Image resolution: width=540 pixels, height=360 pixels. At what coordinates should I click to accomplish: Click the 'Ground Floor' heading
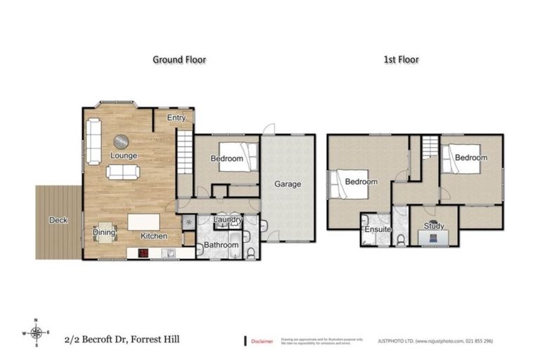pyautogui.click(x=179, y=60)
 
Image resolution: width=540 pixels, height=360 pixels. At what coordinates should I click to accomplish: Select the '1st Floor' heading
pyautogui.click(x=401, y=60)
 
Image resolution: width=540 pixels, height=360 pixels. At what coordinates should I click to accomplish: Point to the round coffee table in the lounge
pyautogui.click(x=122, y=141)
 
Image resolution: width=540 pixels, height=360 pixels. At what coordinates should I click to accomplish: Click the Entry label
pyautogui.click(x=176, y=118)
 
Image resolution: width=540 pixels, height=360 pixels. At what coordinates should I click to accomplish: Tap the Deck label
pyautogui.click(x=58, y=220)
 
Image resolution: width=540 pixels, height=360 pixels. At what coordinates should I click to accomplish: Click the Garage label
pyautogui.click(x=287, y=184)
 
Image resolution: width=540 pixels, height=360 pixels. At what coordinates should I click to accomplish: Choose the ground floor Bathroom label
pyautogui.click(x=221, y=245)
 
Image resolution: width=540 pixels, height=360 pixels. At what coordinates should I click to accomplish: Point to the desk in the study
pyautogui.click(x=433, y=239)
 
